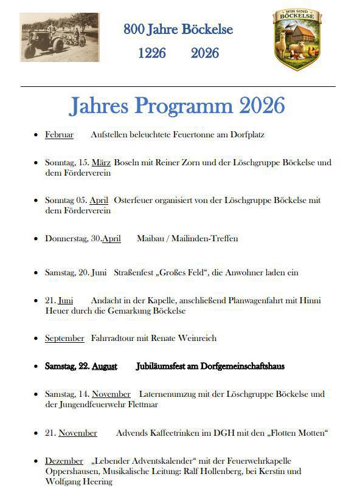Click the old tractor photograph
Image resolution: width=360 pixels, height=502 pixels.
click(60, 38)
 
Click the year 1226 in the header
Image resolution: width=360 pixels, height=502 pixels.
click(151, 53)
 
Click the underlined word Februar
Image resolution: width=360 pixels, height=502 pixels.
click(59, 135)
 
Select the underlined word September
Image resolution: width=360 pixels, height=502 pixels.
click(64, 338)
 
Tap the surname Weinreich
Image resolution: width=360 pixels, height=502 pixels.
click(197, 338)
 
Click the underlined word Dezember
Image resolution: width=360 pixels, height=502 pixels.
click(64, 461)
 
